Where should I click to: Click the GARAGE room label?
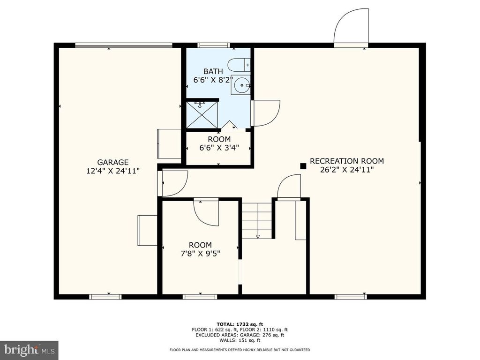tap(106, 162)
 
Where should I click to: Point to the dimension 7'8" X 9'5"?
tap(200, 254)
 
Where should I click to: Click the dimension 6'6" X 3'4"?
tap(219, 148)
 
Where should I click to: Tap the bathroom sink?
tap(241, 85)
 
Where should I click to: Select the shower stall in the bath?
tap(202, 115)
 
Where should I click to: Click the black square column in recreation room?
tap(303, 165)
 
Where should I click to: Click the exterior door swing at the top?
tap(351, 26)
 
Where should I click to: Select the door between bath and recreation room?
tap(265, 113)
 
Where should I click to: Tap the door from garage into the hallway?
tap(173, 183)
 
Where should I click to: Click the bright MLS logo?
tap(29, 349)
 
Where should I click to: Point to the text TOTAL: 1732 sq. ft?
tap(240, 324)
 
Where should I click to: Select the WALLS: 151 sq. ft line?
tap(240, 341)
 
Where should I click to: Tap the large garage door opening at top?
tap(124, 45)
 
